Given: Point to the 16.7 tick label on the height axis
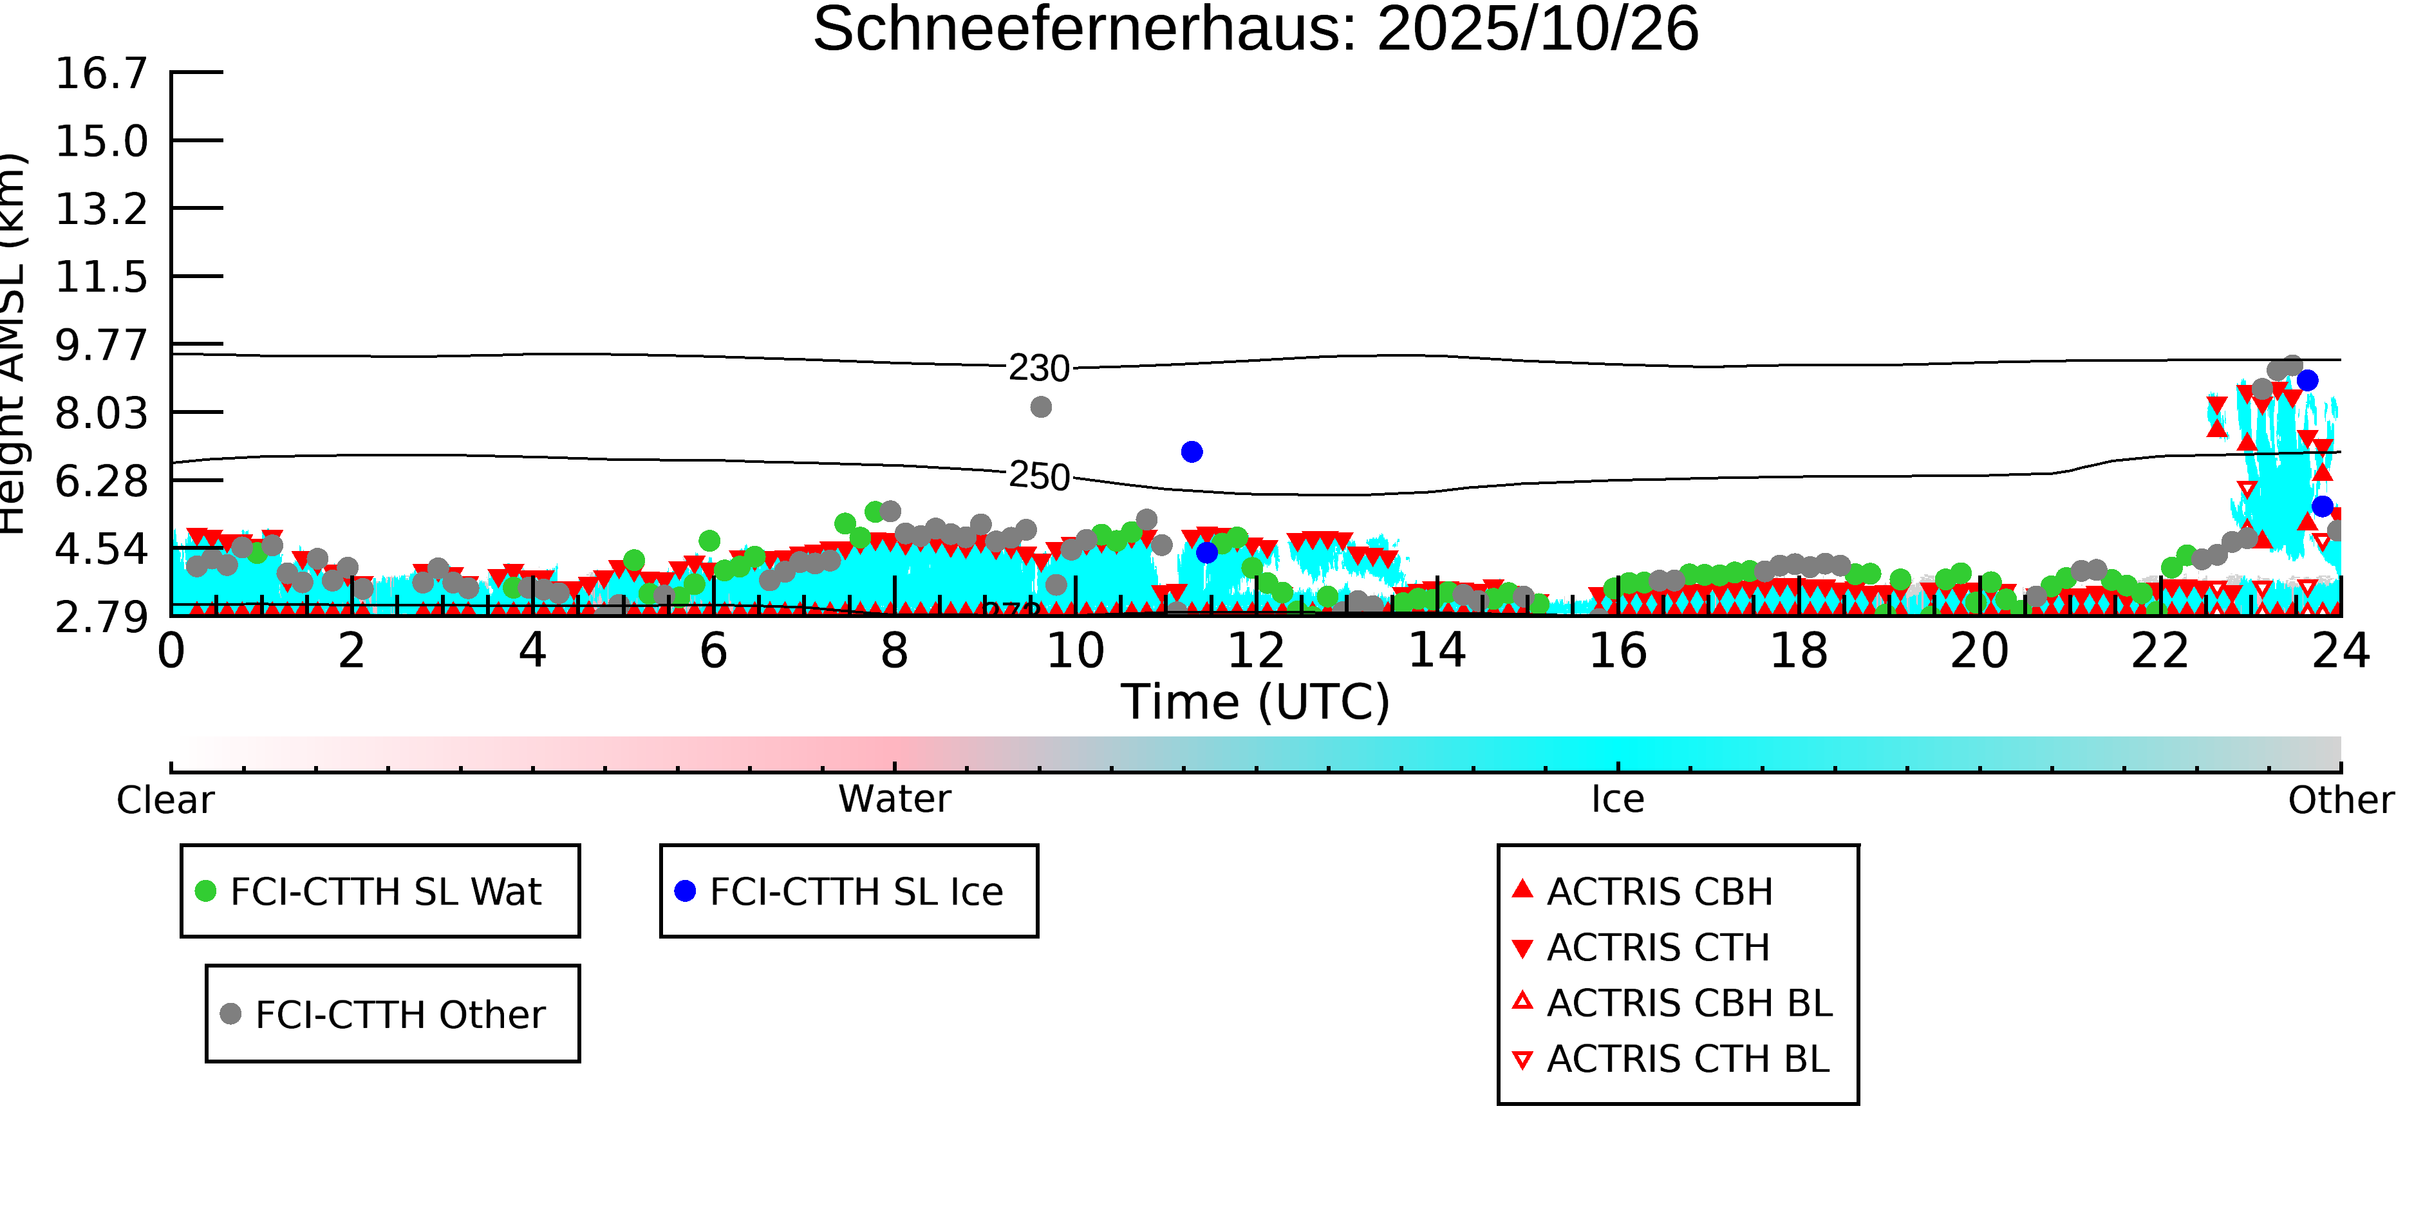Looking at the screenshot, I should coord(101,73).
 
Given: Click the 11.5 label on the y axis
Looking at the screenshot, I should coord(101,277).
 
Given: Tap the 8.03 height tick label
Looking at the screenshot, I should coord(101,413).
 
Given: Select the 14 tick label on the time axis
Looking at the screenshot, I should coord(1437,650).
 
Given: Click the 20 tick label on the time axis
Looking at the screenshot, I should coord(1979,650).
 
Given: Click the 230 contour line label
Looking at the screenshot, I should coord(1038,368).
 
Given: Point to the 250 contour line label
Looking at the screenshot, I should coord(1038,477).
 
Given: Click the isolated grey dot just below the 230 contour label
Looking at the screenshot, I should coord(1040,407).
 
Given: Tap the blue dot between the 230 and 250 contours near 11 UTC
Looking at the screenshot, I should coord(1191,452).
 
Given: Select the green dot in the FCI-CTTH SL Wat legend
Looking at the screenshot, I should coord(205,891).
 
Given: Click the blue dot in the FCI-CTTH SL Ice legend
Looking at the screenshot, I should coord(685,891).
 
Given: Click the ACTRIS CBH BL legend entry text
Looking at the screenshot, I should coord(1689,1004).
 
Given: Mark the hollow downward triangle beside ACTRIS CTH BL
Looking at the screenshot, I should coord(1523,1060).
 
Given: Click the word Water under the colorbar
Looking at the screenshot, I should coord(894,800).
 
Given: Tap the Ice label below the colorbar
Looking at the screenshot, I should coord(1618,800).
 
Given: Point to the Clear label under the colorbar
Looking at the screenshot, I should coord(165,800).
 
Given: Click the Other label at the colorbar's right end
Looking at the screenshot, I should coord(2340,800).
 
